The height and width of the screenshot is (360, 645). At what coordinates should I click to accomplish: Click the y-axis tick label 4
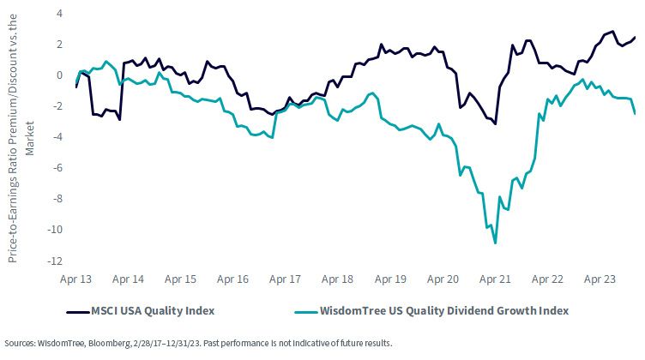click(60, 14)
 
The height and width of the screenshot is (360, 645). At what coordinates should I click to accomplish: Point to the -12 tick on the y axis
click(55, 261)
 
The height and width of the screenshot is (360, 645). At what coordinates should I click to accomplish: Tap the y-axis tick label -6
click(57, 168)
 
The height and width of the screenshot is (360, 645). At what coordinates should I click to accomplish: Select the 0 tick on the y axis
click(60, 75)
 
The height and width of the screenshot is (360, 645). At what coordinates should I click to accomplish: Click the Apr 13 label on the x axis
click(76, 279)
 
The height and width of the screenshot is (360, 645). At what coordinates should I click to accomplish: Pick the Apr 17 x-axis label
click(285, 279)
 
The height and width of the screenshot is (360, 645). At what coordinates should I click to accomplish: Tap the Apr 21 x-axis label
click(495, 279)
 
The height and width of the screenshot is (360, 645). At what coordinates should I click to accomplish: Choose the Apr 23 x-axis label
click(600, 279)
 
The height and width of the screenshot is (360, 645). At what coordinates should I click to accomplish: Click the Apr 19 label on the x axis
click(390, 279)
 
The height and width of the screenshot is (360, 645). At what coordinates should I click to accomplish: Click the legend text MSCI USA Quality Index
click(153, 310)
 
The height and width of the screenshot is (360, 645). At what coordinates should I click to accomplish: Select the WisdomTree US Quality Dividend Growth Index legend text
click(444, 310)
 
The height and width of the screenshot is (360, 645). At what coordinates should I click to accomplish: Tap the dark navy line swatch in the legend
click(78, 312)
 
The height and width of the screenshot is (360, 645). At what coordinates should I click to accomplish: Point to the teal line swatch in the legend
click(306, 312)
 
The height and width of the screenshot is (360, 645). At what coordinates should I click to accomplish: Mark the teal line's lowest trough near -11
click(495, 243)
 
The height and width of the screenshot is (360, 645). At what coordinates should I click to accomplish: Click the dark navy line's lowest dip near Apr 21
click(495, 123)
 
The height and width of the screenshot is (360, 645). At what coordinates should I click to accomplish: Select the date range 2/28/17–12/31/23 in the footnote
click(166, 343)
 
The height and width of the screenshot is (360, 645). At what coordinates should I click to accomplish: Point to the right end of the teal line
click(635, 113)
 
